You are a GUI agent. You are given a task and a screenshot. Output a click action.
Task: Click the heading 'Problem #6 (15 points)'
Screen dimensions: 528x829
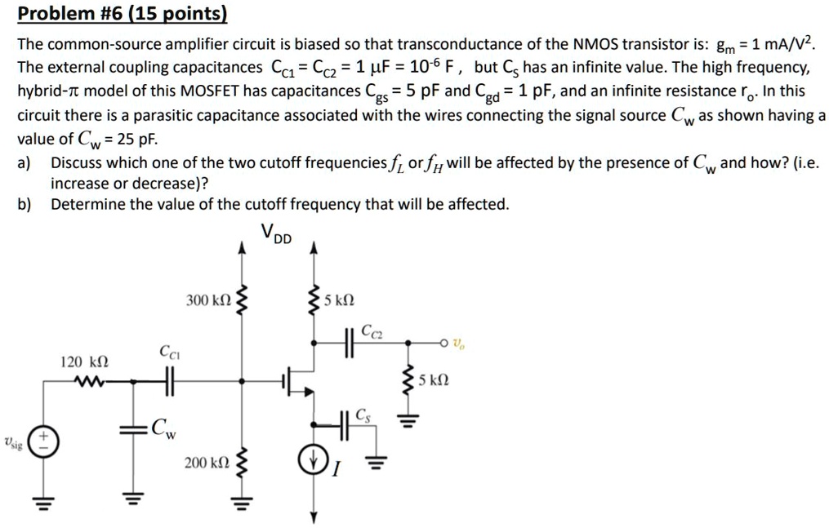pyautogui.click(x=123, y=14)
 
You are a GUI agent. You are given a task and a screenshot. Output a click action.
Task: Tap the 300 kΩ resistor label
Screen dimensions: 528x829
pyautogui.click(x=208, y=301)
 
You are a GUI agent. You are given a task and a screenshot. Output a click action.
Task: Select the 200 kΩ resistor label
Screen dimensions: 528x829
pyautogui.click(x=207, y=463)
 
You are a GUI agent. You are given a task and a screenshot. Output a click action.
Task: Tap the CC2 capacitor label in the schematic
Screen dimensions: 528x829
pyautogui.click(x=371, y=331)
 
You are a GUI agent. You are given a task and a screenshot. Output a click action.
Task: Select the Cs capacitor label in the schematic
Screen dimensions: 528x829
pyautogui.click(x=362, y=415)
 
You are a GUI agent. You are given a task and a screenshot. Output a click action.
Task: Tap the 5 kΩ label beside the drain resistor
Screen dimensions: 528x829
pyautogui.click(x=338, y=299)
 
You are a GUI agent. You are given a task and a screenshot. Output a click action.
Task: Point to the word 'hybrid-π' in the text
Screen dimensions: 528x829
pyautogui.click(x=46, y=91)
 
